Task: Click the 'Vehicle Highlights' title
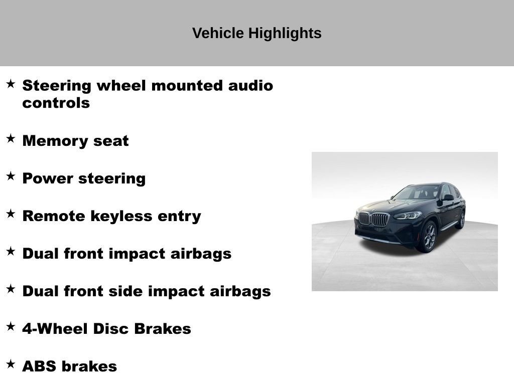(x=256, y=33)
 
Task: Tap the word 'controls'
(x=56, y=103)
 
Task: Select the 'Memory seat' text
(x=75, y=141)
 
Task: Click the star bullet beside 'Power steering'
(x=11, y=176)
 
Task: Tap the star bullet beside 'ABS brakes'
(x=11, y=364)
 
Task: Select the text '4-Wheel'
(x=55, y=329)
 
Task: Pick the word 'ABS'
(x=39, y=366)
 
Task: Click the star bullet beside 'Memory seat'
(x=11, y=138)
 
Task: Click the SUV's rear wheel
(x=460, y=220)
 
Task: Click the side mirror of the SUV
(x=447, y=198)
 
